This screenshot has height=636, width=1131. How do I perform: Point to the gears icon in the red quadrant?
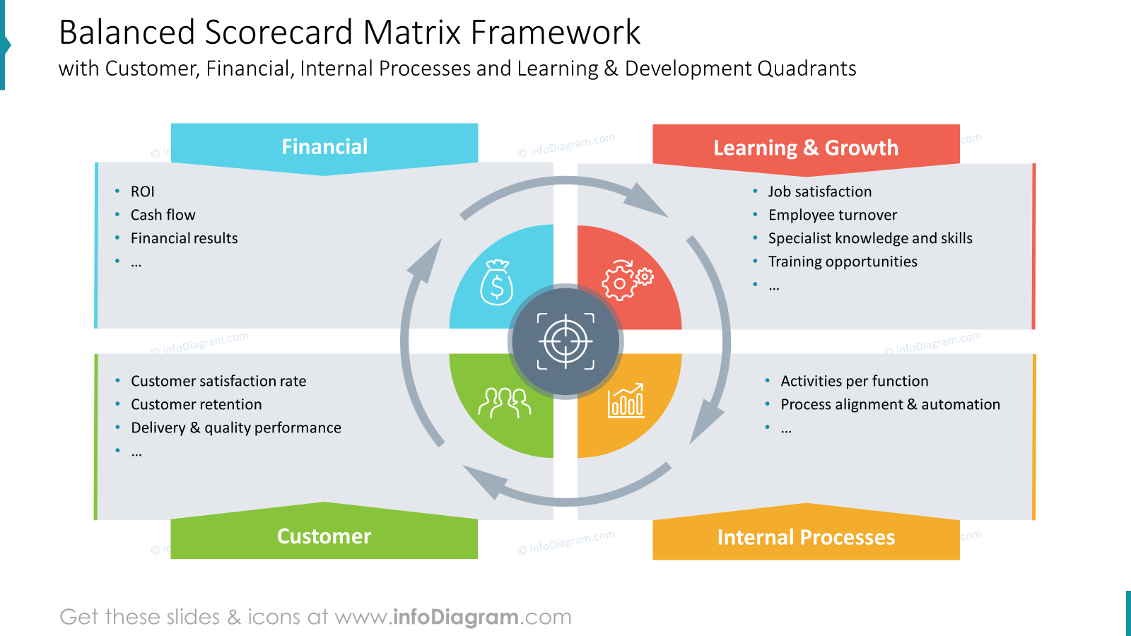coord(627,280)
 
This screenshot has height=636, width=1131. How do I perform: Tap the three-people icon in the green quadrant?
coord(505,402)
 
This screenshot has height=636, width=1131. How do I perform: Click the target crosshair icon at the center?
coord(565,341)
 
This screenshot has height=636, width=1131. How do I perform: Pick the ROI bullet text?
coord(142,192)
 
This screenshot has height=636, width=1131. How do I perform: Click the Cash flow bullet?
coord(163,215)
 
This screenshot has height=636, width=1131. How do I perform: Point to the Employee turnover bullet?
coord(833,215)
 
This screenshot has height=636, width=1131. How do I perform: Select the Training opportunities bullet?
coord(843,261)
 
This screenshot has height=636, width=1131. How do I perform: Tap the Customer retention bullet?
coord(196,404)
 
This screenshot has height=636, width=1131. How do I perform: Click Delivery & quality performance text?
coord(236,428)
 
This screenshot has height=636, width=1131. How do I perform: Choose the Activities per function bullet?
coord(855,381)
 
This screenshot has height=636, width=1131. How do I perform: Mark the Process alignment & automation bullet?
coord(890,404)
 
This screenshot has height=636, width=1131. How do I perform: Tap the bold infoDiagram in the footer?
coord(455,617)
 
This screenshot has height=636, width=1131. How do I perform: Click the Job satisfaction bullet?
coord(820,192)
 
